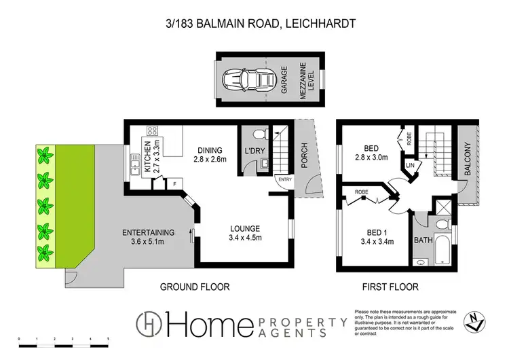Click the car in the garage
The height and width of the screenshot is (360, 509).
point(246,79)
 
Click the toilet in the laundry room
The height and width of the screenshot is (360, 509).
point(259,134)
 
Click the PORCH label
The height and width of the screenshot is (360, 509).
point(304,156)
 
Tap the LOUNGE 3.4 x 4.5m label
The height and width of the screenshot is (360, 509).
point(245,232)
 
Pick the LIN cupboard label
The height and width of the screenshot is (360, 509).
point(410,165)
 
